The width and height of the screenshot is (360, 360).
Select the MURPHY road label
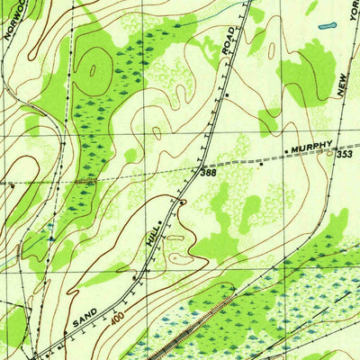tap(310, 145)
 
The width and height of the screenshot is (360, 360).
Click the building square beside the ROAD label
tap(228, 94)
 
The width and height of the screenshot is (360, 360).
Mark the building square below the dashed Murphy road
tap(262, 165)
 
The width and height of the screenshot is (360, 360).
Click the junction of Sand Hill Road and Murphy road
tap(203, 166)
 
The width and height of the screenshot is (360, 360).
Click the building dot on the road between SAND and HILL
tap(135, 280)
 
